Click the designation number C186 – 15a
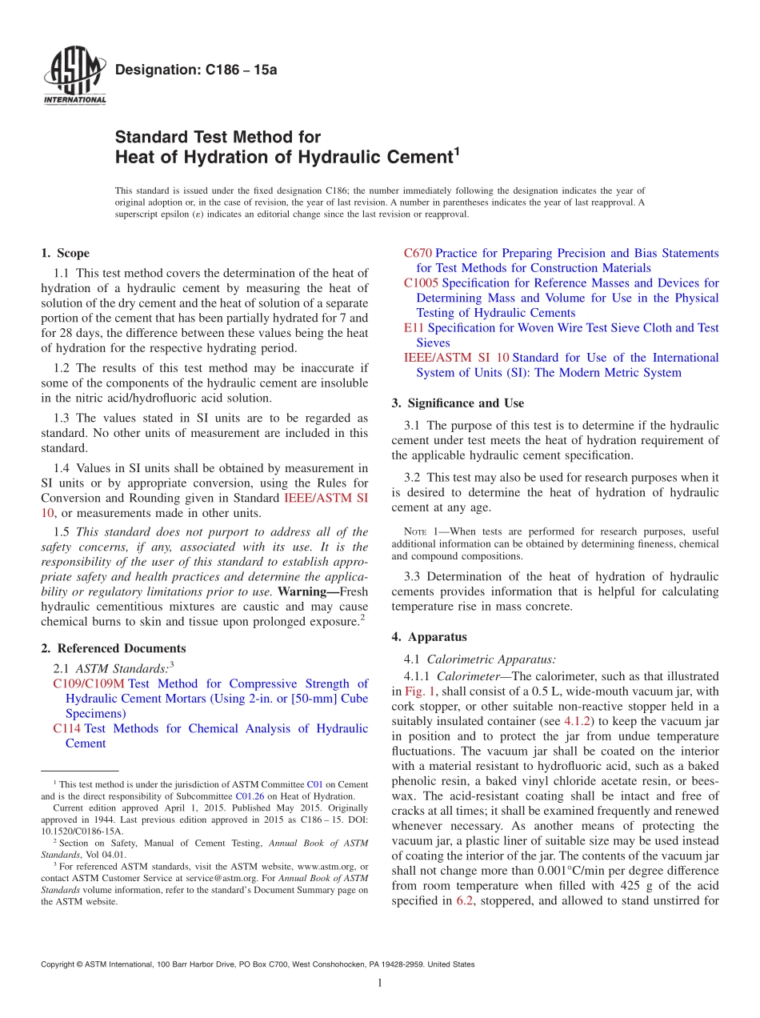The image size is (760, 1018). [196, 70]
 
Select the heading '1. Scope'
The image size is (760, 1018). [65, 254]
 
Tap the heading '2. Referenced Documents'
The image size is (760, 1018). [113, 649]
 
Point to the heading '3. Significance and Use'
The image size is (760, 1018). [458, 403]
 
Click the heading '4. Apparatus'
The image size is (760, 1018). [429, 638]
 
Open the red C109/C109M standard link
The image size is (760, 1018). [89, 684]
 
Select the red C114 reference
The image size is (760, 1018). [66, 729]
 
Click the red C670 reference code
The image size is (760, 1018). [418, 254]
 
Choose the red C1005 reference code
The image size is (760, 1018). [421, 283]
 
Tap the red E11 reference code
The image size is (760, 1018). [413, 328]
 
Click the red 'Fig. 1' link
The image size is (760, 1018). [420, 691]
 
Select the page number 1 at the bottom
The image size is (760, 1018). [380, 984]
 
